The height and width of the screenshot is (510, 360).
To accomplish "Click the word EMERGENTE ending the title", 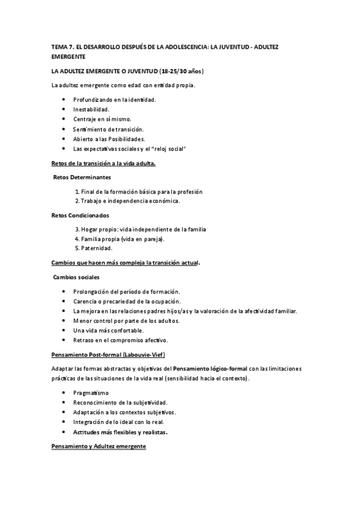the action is pyautogui.click(x=69, y=57).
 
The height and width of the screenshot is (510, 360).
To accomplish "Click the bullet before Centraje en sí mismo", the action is pyautogui.click(x=64, y=120).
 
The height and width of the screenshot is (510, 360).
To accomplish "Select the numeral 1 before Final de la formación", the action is pyautogui.click(x=77, y=192).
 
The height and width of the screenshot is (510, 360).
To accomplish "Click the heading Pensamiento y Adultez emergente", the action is pyautogui.click(x=99, y=446).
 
